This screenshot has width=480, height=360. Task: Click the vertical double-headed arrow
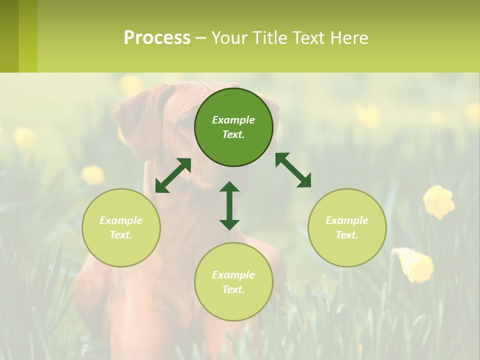[x=229, y=205]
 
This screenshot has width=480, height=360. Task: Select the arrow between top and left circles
[x=173, y=175]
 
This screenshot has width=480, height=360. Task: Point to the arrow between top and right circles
[x=293, y=170]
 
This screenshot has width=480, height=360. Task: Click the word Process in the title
[x=157, y=37]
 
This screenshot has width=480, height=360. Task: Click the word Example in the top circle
[x=233, y=120]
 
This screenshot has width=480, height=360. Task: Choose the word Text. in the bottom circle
[x=233, y=289]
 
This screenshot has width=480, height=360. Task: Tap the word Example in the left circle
[x=121, y=220]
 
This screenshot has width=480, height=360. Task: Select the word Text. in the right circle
[x=347, y=235]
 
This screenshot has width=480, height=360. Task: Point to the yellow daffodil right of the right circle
[x=439, y=201]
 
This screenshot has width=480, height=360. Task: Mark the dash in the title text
[x=200, y=38]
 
